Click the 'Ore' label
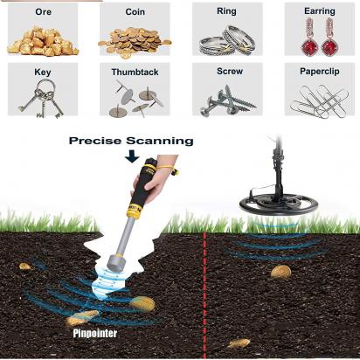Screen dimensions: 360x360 pos(43,12)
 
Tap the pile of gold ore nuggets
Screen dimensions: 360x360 pos(43,41)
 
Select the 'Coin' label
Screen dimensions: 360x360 pos(135,12)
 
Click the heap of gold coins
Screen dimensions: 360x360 pos(135,43)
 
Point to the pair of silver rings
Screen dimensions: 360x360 pos(227,40)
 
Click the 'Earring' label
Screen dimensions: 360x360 pos(320,11)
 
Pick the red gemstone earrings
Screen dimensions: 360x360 pos(320,37)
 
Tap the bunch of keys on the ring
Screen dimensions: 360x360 pos(42,99)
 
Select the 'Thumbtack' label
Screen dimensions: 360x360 pos(135,72)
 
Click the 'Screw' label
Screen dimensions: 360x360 pos(230,71)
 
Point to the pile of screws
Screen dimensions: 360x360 pos(227,100)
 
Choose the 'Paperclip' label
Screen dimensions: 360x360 pos(320,72)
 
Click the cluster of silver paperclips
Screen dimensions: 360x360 pos(320,100)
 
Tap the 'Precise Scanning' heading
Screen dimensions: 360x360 pos(131,141)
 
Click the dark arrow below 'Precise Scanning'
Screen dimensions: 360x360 pos(132,156)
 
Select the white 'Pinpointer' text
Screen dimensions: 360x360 pos(95,333)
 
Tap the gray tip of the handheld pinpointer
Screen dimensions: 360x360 pos(116,262)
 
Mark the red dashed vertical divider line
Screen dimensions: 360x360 pos(204,295)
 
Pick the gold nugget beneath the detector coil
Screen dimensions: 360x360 pos(280,272)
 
